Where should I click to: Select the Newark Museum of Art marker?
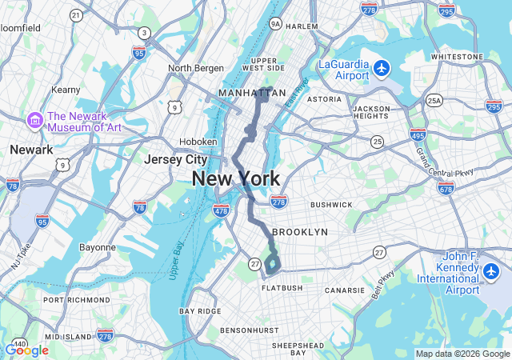pos(34,121)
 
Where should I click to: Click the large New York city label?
pos(235,179)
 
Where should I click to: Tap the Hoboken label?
pos(198,142)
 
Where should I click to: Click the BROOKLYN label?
pos(300,232)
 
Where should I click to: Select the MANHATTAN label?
pos(252,94)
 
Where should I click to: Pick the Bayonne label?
pos(98,247)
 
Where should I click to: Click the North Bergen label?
pos(190,68)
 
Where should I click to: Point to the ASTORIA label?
pos(324,99)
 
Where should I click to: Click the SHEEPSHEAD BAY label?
pos(297,348)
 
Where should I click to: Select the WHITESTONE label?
pos(456,57)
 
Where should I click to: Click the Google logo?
pos(26,350)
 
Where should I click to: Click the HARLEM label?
pos(302,26)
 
